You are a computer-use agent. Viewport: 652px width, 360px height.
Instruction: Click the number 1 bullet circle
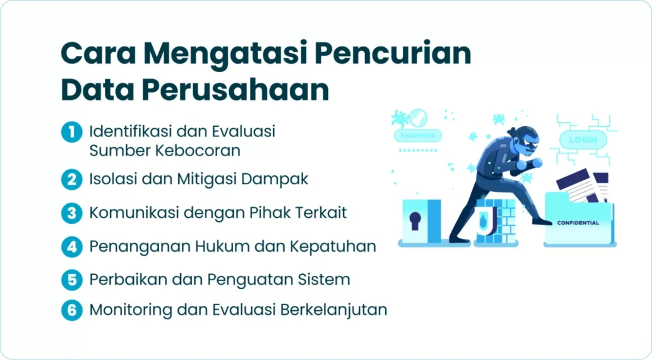point(71,133)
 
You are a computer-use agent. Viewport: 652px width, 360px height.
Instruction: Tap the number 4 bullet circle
point(71,246)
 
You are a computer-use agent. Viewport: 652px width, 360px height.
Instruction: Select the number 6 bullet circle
point(71,310)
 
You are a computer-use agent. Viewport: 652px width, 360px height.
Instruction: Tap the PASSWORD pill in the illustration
point(417,136)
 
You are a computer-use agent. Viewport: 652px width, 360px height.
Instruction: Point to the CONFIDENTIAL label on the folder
point(578,223)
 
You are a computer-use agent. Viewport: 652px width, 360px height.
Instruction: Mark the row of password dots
point(417,151)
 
